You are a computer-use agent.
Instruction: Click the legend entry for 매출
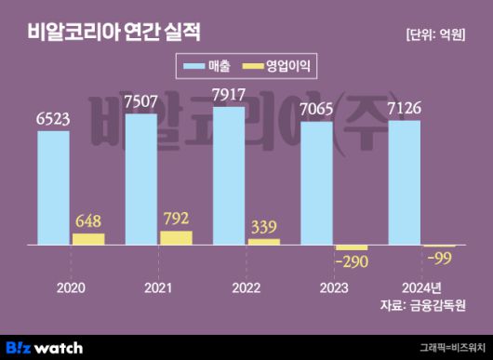coord(203,66)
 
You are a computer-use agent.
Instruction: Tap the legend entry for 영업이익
coord(279,66)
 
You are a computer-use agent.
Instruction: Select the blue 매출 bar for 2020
coord(53,187)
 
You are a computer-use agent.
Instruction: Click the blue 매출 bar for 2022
coord(229,176)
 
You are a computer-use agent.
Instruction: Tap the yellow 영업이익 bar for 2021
coord(175,238)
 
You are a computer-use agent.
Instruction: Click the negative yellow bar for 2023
coord(352,247)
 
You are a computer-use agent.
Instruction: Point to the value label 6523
coord(53,119)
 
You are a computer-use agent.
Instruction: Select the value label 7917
coord(229,95)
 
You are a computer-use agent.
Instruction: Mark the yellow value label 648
coord(88,222)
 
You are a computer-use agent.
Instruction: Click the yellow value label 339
coord(264,228)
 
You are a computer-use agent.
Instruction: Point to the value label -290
coord(351,262)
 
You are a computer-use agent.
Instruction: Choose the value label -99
coord(439,258)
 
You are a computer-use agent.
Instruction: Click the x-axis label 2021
coord(158,287)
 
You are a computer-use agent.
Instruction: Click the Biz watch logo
coord(46,347)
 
